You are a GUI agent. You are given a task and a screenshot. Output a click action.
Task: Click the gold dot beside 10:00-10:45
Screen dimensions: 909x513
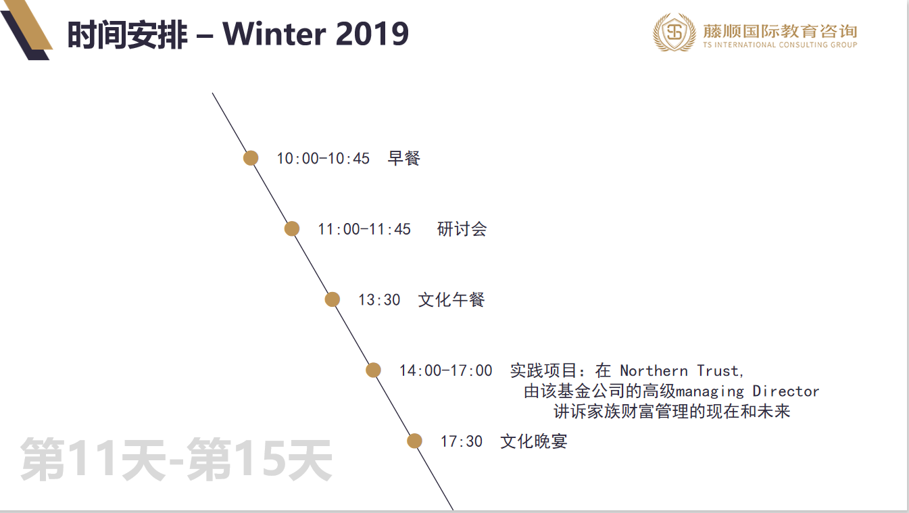pyautogui.click(x=251, y=158)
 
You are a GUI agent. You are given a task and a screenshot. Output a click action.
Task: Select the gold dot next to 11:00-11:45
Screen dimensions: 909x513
pyautogui.click(x=292, y=229)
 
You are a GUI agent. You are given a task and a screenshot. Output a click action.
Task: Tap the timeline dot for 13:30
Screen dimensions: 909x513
pyautogui.click(x=333, y=299)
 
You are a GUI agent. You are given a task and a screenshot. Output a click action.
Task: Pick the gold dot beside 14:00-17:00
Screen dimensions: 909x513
pyautogui.click(x=373, y=370)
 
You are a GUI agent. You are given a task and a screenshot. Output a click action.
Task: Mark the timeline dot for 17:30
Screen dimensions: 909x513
pyautogui.click(x=414, y=441)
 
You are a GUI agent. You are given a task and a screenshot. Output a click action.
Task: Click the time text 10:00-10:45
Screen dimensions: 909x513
pyautogui.click(x=323, y=158)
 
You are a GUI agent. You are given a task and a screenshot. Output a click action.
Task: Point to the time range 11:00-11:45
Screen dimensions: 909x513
pyautogui.click(x=364, y=229)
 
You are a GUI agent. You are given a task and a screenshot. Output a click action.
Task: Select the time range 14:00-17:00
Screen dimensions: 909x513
pyautogui.click(x=445, y=370)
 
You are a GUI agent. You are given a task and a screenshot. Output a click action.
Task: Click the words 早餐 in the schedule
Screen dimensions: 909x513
pyautogui.click(x=403, y=158)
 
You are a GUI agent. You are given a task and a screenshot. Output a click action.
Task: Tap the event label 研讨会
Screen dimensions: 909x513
pyautogui.click(x=462, y=229)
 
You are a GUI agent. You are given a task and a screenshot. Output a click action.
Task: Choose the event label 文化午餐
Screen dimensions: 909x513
pyautogui.click(x=451, y=299)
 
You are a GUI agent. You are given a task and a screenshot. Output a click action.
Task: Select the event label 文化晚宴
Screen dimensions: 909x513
pyautogui.click(x=534, y=441)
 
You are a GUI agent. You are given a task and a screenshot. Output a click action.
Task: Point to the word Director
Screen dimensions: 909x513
pyautogui.click(x=786, y=391)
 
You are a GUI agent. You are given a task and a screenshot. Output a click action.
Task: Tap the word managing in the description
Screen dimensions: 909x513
pyautogui.click(x=710, y=392)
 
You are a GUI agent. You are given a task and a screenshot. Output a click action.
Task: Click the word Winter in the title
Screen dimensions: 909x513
pyautogui.click(x=274, y=34)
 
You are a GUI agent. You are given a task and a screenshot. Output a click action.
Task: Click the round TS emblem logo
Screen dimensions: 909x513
pyautogui.click(x=674, y=32)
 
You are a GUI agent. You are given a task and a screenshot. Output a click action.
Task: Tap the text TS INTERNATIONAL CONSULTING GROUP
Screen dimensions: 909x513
pyautogui.click(x=780, y=45)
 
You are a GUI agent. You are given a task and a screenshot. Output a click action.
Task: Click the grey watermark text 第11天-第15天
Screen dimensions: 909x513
pyautogui.click(x=176, y=459)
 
